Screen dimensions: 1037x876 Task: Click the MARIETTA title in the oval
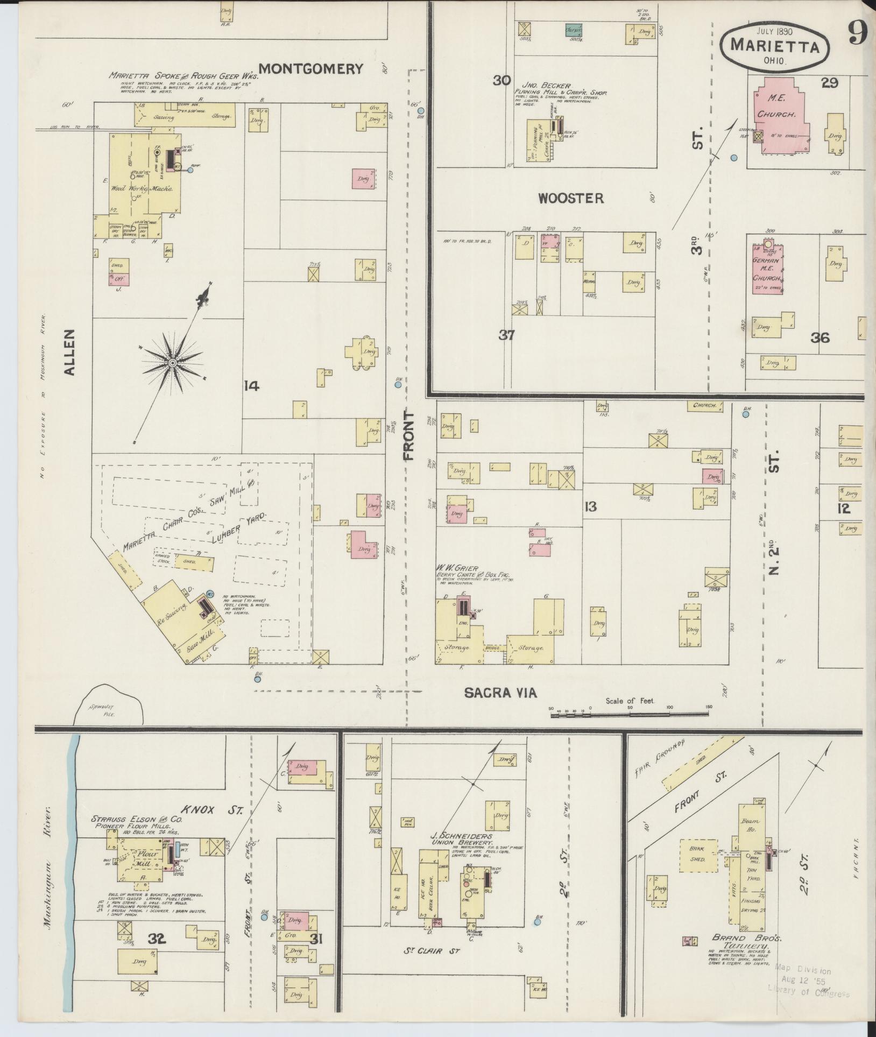tap(775, 46)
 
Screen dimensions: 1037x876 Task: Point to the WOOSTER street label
tap(571, 198)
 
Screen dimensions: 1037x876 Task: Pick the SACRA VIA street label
tap(500, 693)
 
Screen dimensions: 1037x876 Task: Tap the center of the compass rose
tap(172, 364)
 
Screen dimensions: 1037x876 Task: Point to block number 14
tap(251, 386)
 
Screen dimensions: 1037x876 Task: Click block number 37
tap(506, 335)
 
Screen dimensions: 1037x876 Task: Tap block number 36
tap(821, 337)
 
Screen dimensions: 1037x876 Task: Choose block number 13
tap(590, 506)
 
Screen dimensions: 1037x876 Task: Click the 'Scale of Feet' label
tap(630, 701)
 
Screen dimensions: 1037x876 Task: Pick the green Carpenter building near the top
tap(576, 30)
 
